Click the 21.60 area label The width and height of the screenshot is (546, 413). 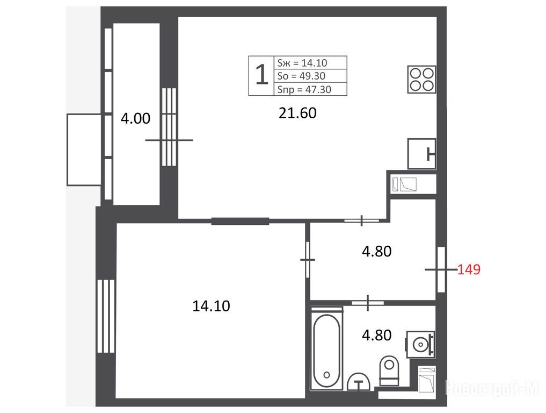[x=297, y=113]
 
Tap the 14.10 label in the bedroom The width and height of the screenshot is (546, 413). [x=211, y=306]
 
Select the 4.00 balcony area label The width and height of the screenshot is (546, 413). [x=135, y=118]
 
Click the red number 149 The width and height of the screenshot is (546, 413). [x=469, y=269]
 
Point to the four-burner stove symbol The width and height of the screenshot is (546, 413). [x=421, y=80]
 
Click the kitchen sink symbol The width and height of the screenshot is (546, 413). [x=421, y=153]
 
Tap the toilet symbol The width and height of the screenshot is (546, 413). [x=389, y=371]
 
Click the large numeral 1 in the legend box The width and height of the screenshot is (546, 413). [x=261, y=75]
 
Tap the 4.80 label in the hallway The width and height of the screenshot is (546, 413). [x=377, y=252]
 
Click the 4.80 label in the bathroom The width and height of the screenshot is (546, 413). [x=377, y=335]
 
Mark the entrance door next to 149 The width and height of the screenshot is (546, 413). [x=441, y=269]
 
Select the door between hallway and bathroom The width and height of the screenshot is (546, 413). [x=368, y=302]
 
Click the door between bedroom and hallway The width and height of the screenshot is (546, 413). [x=308, y=260]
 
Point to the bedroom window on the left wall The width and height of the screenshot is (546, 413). [x=106, y=316]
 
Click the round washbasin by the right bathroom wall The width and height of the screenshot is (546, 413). [x=421, y=345]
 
